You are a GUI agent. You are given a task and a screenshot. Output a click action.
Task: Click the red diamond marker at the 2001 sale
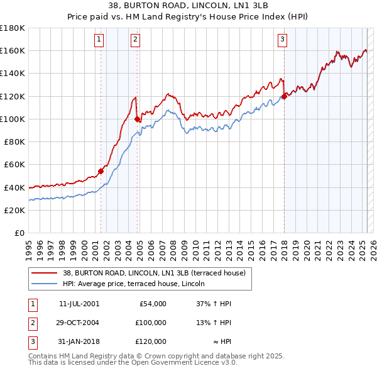click(x=101, y=171)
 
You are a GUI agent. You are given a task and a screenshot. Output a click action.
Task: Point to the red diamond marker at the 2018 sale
click(x=284, y=96)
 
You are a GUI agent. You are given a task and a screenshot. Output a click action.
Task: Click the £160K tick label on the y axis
click(x=13, y=50)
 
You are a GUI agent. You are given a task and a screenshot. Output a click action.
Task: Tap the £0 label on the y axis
click(x=19, y=233)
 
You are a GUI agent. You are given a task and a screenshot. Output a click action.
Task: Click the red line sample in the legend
click(x=45, y=273)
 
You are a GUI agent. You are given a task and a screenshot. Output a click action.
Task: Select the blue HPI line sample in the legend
click(x=45, y=284)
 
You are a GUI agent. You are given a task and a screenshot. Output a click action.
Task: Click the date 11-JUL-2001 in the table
click(x=79, y=304)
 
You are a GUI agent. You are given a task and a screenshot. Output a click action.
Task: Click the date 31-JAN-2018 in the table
click(x=79, y=341)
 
